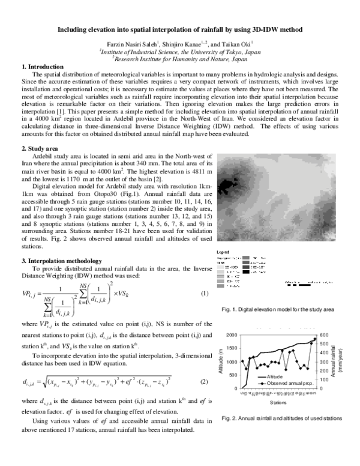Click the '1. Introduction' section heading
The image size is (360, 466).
(x=42, y=66)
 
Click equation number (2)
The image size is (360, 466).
(x=204, y=382)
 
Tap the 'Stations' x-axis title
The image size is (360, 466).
(x=278, y=402)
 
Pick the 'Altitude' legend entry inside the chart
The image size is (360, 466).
(x=278, y=377)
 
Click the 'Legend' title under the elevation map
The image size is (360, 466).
(x=223, y=252)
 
